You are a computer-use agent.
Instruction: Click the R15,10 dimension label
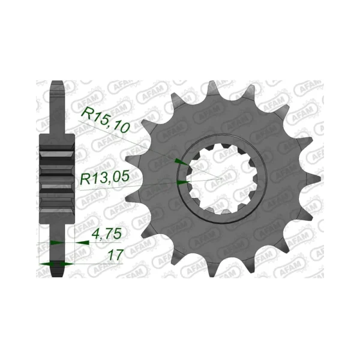click(x=106, y=121)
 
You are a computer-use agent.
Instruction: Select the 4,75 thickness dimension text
click(x=106, y=234)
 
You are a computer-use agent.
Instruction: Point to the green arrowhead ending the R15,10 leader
click(x=182, y=161)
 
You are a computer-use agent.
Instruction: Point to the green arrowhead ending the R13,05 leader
click(x=183, y=182)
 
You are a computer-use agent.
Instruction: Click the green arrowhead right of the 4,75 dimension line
click(x=82, y=242)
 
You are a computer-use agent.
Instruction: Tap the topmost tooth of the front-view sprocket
click(x=213, y=88)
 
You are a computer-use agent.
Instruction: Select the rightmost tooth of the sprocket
click(x=307, y=179)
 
